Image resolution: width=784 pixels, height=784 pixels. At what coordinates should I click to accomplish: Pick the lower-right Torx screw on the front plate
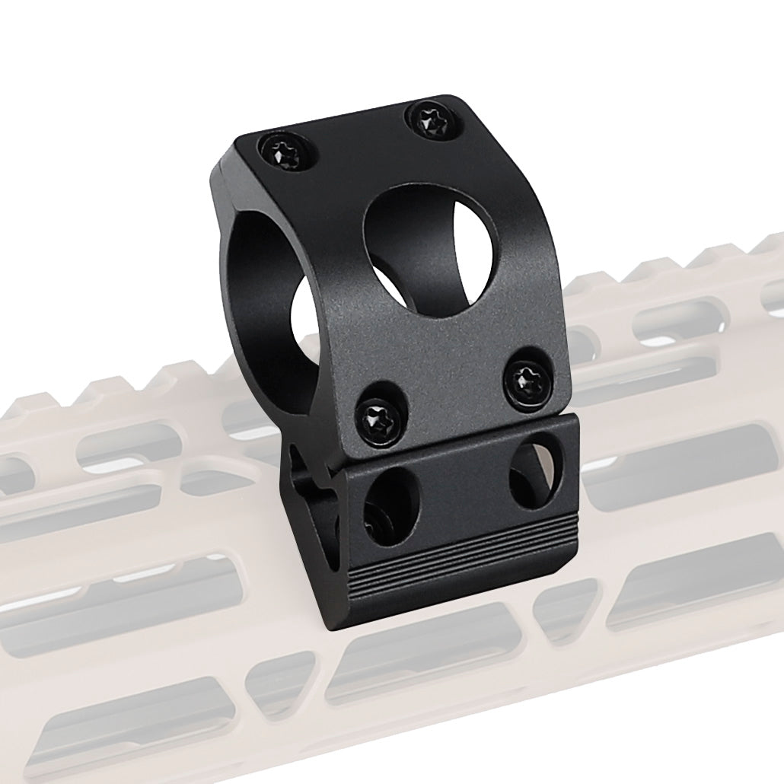coord(527,376)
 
